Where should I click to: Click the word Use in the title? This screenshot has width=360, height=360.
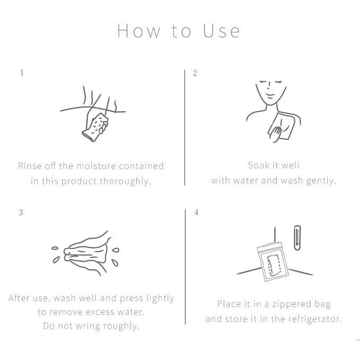pos(221,31)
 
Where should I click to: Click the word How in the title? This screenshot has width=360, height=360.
pos(139,31)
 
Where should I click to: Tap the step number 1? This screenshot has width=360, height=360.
pos(22,73)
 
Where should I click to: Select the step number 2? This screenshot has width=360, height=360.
pos(195,73)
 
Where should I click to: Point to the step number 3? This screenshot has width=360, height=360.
pos(21,213)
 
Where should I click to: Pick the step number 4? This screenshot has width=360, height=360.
pos(196,213)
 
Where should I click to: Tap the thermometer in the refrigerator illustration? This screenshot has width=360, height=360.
pos(297,238)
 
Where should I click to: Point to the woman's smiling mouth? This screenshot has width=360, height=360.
pos(270,95)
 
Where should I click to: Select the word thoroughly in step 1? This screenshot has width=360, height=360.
pos(125,181)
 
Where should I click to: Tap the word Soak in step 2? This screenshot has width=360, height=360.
pos(259,165)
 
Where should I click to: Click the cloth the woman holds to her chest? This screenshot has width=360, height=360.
pos(282,126)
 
